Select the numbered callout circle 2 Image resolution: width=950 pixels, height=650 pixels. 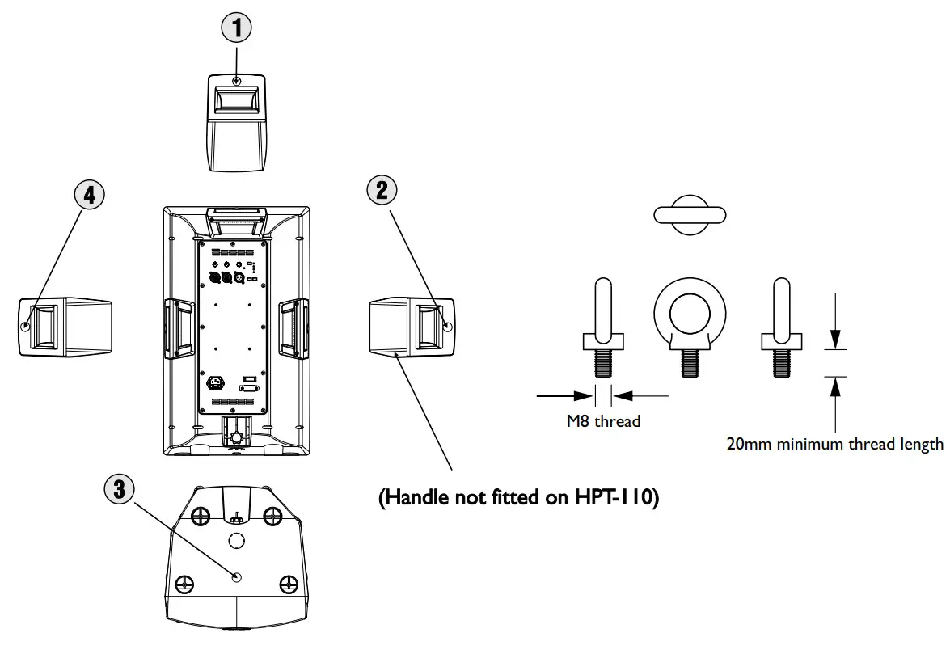pyautogui.click(x=382, y=191)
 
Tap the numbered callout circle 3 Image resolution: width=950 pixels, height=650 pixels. pyautogui.click(x=119, y=488)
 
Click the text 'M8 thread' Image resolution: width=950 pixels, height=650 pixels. pyautogui.click(x=603, y=421)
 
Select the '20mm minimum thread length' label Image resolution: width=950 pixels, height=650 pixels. pyautogui.click(x=834, y=444)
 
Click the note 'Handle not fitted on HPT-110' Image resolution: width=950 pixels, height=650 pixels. pyautogui.click(x=519, y=498)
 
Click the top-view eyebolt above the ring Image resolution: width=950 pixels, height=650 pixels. pyautogui.click(x=690, y=214)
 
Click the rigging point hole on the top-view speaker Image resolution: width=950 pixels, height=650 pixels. pyautogui.click(x=236, y=82)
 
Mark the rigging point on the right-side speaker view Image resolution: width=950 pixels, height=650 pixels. pyautogui.click(x=448, y=327)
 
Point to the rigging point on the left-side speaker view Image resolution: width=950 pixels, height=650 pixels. pyautogui.click(x=26, y=327)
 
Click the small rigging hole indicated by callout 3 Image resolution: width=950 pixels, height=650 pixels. pyautogui.click(x=235, y=577)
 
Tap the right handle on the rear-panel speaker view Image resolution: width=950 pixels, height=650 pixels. pyautogui.click(x=293, y=327)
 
